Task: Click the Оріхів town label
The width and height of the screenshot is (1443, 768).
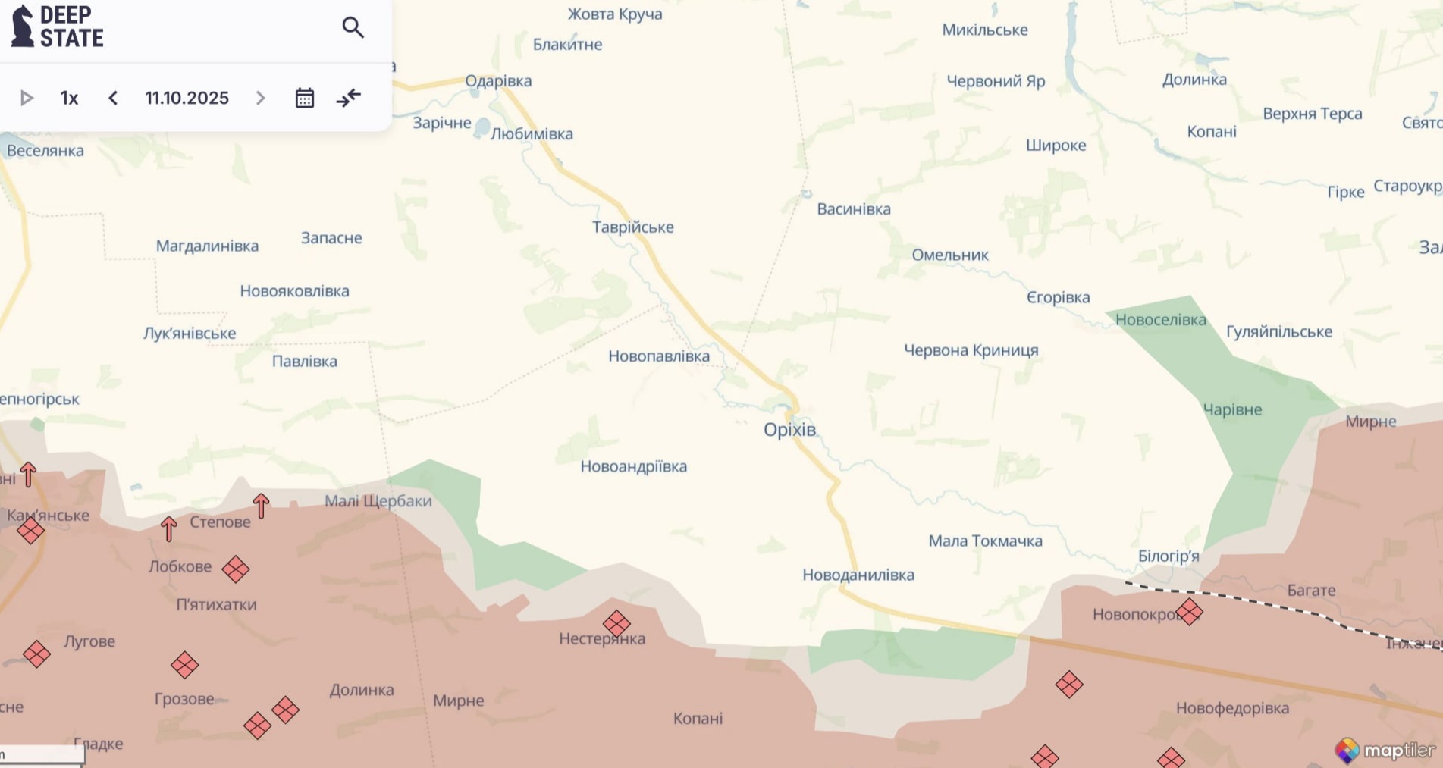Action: coord(789,430)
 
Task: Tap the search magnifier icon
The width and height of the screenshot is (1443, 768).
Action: coord(353,28)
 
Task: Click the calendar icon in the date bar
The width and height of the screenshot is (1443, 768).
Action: coord(304,98)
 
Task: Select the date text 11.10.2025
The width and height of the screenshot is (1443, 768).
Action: coord(187,98)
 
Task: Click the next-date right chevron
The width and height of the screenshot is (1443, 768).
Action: coord(260,98)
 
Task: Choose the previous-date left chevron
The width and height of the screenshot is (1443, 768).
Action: coord(113,98)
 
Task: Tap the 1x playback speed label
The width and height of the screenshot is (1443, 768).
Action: coord(69,98)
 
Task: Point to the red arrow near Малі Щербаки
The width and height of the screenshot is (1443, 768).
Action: coord(261,506)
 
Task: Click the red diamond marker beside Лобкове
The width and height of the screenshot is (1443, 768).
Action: coord(235,569)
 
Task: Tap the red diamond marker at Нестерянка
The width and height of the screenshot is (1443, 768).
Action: coord(616,624)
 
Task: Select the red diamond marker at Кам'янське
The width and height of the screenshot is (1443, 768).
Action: coord(30,530)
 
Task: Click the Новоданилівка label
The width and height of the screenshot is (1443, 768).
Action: coord(858,575)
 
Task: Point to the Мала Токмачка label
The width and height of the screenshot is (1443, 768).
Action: coord(985,541)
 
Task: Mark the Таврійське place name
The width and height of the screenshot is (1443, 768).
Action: coord(632,227)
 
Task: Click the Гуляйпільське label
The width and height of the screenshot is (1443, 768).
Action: coord(1278,331)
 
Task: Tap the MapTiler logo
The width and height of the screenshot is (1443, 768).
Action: coord(1385,751)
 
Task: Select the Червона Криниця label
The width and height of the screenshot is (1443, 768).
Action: coord(971,350)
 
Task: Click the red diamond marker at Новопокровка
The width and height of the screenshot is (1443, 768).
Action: coord(1189,611)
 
